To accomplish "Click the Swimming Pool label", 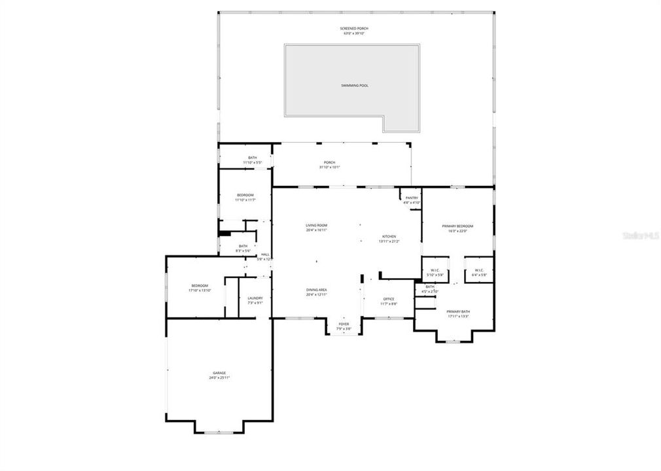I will coord(354,86).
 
